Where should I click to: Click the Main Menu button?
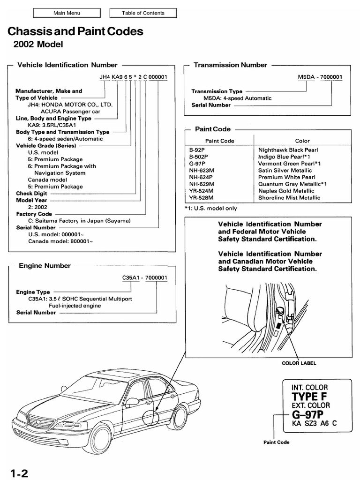pos(67,13)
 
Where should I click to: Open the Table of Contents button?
pos(143,13)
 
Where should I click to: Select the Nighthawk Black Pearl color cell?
pos(288,150)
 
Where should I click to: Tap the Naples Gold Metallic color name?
pos(286,191)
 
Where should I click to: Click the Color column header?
pos(302,141)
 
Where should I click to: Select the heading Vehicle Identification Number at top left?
pos(67,65)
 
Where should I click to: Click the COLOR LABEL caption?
pos(299,363)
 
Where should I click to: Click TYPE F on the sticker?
pos(310,397)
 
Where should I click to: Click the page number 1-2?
pos(17,472)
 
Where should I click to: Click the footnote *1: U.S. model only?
pos(211,208)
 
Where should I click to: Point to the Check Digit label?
pos(31,193)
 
